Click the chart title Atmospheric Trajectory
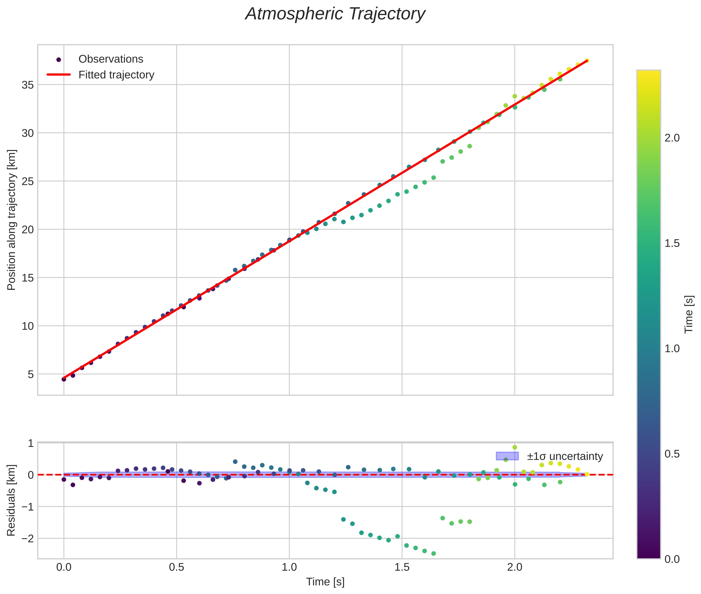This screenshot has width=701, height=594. [x=335, y=14]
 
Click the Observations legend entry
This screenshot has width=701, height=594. [x=111, y=59]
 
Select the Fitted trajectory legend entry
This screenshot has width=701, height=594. [x=116, y=75]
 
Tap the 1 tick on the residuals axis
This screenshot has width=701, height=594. [x=31, y=444]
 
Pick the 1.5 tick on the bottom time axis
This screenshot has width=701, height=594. [x=402, y=567]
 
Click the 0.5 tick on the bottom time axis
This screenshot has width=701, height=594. [x=176, y=567]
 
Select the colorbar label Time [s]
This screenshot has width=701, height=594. [x=689, y=314]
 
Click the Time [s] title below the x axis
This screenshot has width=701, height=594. [x=325, y=582]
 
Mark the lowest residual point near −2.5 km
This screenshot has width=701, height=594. [x=434, y=554]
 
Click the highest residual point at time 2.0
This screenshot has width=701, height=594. [x=515, y=447]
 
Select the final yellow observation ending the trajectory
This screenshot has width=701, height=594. [x=586, y=61]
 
